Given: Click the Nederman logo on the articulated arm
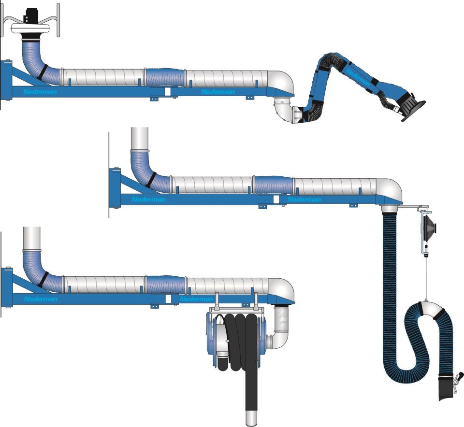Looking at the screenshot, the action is coord(358,78).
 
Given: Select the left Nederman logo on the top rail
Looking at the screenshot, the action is coord(40,92).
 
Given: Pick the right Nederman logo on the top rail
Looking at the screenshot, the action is coord(217,92).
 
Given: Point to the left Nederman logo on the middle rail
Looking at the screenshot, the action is coord(148,199).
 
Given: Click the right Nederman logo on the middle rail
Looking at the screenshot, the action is coord(304,199).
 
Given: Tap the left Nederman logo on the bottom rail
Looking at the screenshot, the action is coord(41,299).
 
